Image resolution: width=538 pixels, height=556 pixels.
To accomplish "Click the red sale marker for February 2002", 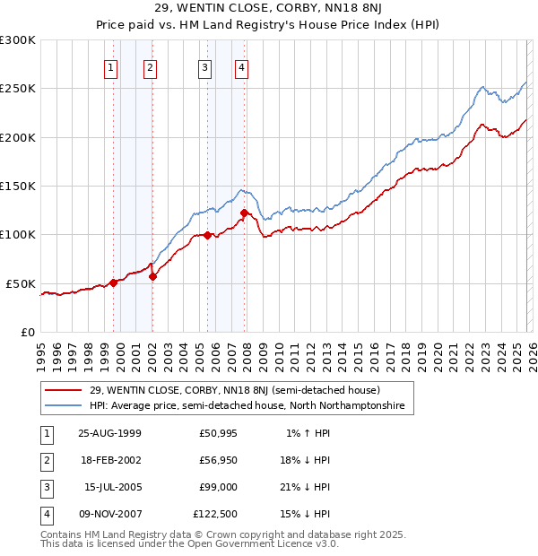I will point(152,276).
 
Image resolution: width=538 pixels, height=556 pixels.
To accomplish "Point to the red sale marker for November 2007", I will point(244,213).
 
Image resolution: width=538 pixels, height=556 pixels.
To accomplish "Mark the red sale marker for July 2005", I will point(207,236).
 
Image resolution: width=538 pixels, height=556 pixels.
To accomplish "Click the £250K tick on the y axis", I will point(18,89).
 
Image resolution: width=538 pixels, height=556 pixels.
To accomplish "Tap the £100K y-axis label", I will point(18,235).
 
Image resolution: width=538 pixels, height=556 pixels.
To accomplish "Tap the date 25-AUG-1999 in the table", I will point(109,433).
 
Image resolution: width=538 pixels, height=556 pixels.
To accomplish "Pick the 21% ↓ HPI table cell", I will point(304,487).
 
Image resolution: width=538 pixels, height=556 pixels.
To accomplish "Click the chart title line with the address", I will point(268,9).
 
